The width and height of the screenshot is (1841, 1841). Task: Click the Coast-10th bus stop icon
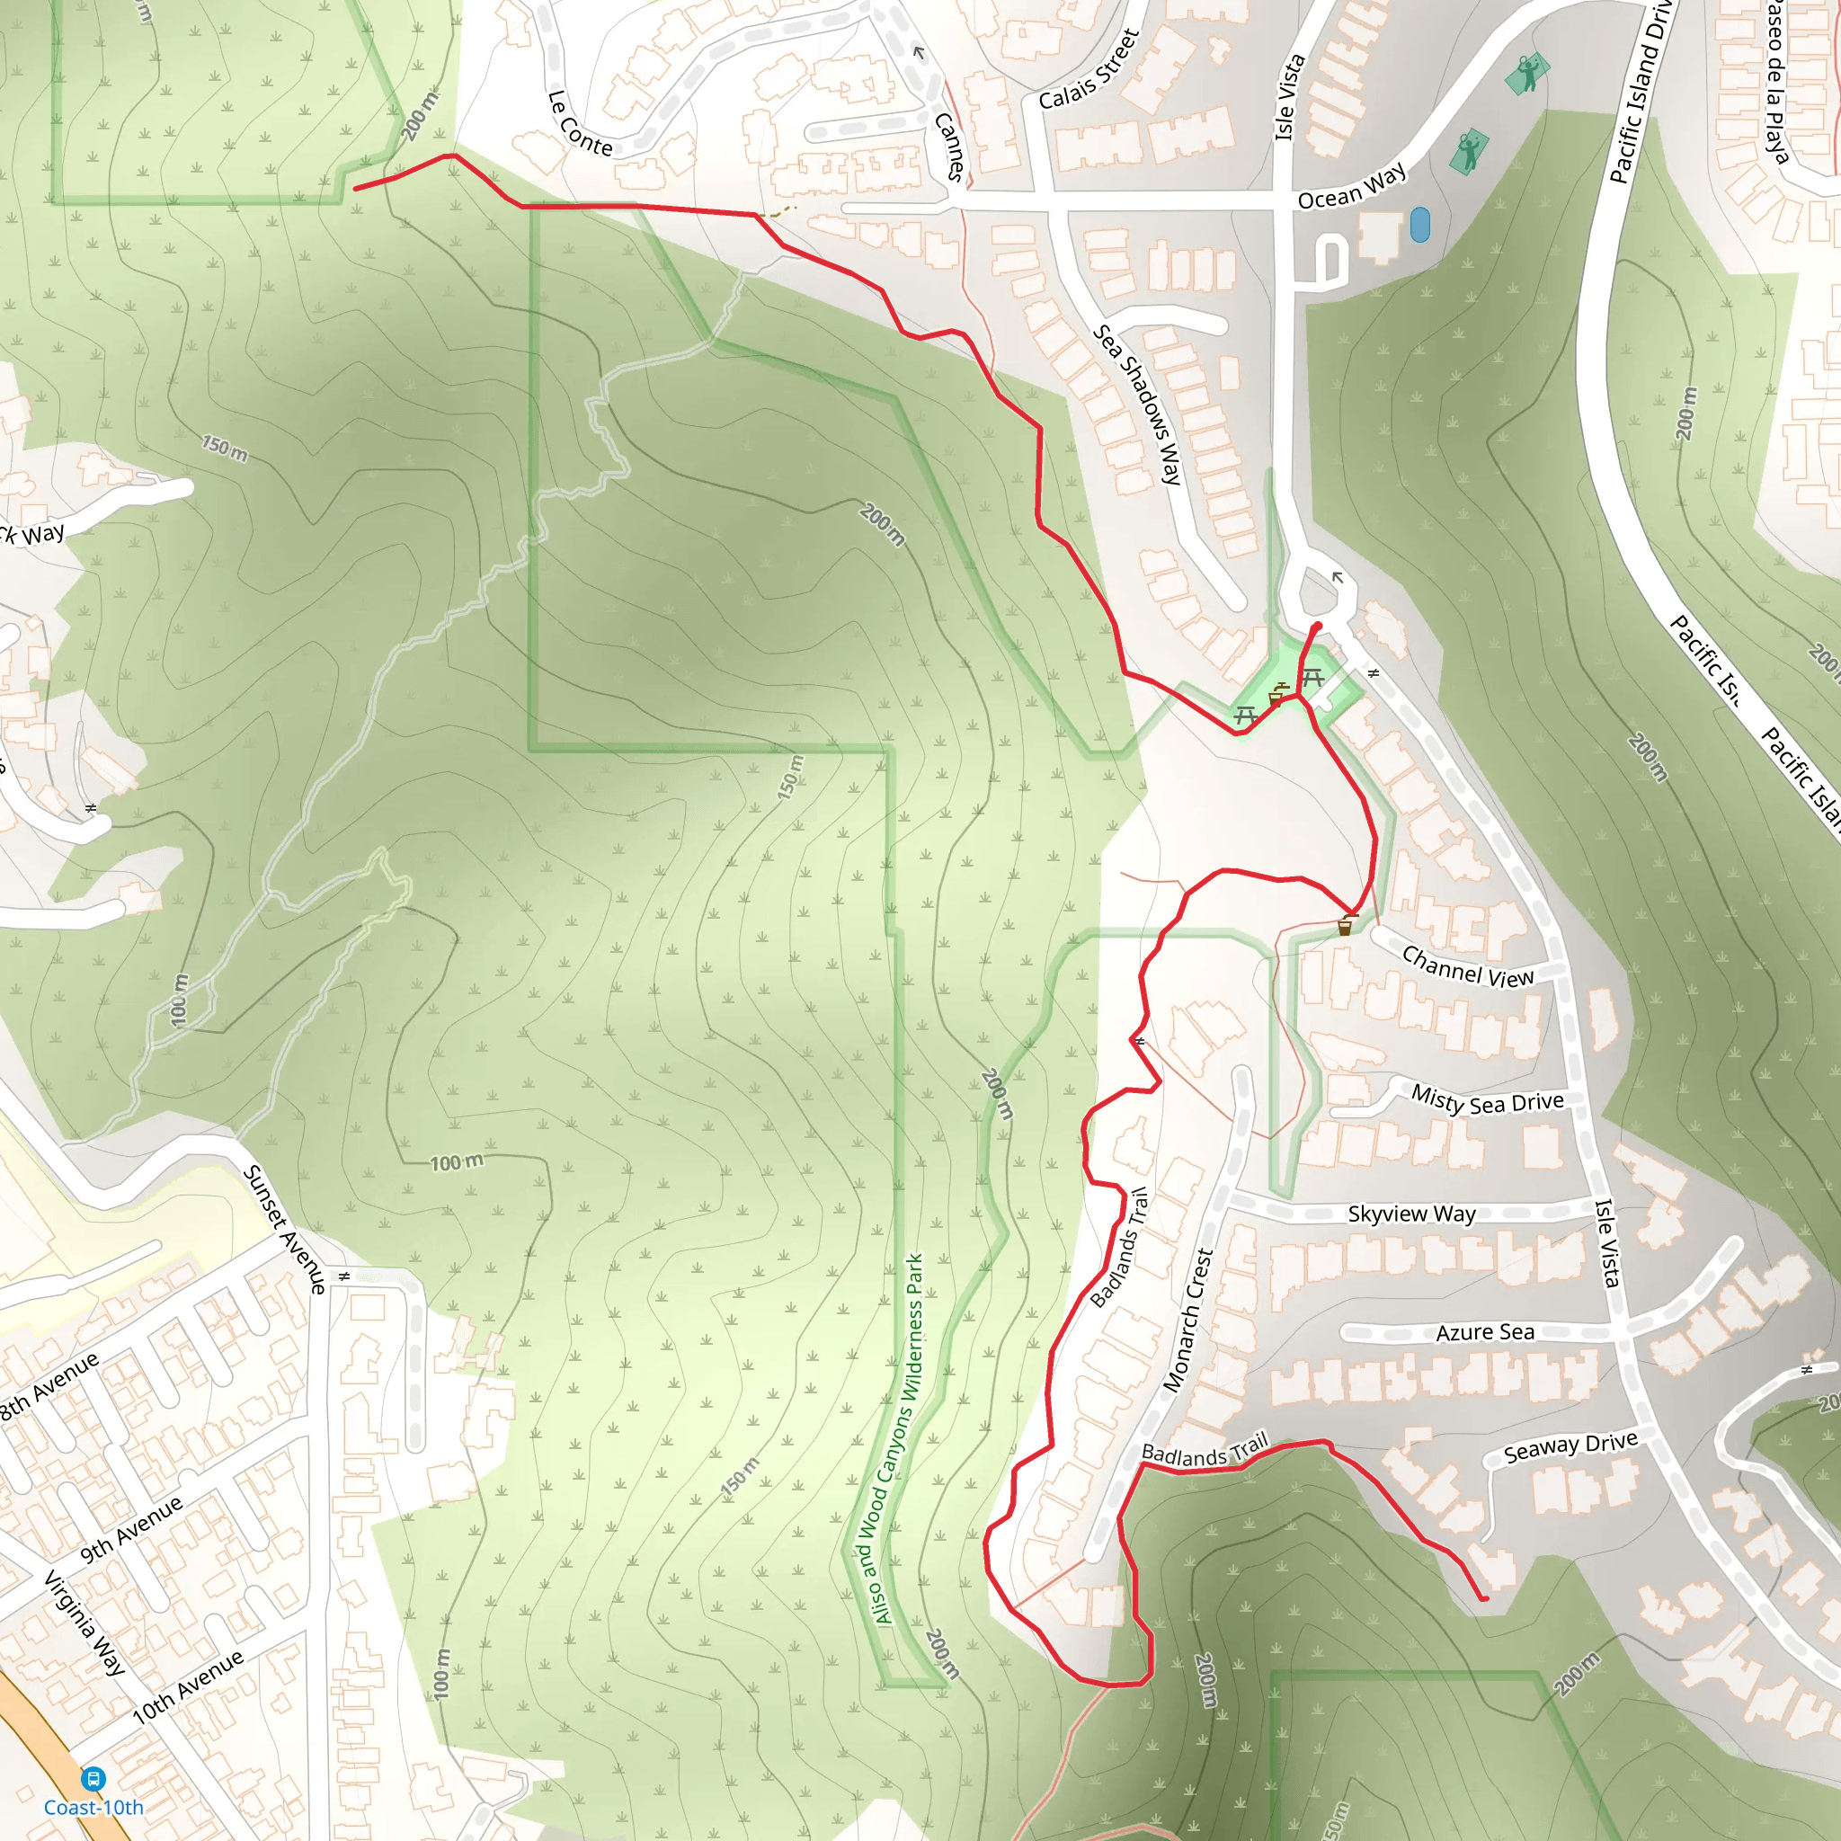click(x=93, y=1778)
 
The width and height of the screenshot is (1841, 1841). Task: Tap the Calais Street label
click(x=1089, y=69)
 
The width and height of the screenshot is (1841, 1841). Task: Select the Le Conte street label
click(x=580, y=123)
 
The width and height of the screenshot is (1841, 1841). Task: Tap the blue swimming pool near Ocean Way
click(x=1419, y=225)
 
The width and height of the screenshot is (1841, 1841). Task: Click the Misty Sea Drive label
click(x=1488, y=1099)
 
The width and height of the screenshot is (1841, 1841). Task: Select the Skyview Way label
click(x=1411, y=1213)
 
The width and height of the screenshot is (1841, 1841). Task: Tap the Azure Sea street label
click(x=1485, y=1332)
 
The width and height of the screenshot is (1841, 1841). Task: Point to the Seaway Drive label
click(x=1570, y=1447)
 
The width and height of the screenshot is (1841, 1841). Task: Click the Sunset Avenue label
click(x=285, y=1229)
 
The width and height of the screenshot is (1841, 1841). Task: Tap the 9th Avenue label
click(x=130, y=1529)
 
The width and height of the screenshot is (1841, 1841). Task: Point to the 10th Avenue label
click(x=187, y=1687)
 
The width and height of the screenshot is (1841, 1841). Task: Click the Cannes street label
click(x=950, y=146)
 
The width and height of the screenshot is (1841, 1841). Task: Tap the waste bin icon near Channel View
click(x=1345, y=924)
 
